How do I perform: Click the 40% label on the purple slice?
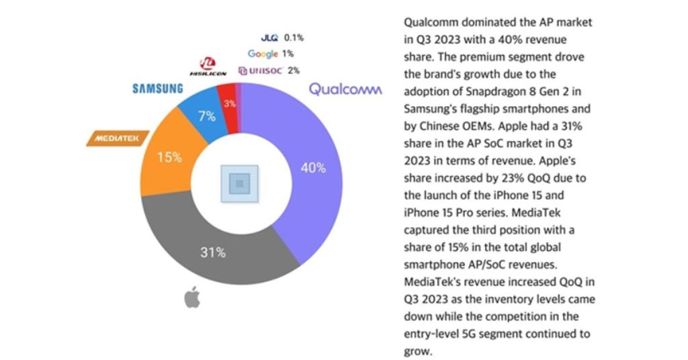pyautogui.click(x=313, y=168)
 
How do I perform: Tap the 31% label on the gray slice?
pyautogui.click(x=214, y=253)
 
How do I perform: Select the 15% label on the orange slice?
pyautogui.click(x=169, y=158)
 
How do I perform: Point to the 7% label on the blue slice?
pyautogui.click(x=207, y=116)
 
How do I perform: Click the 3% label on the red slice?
pyautogui.click(x=230, y=103)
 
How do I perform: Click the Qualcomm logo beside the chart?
pyautogui.click(x=345, y=89)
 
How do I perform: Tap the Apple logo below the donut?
pyautogui.click(x=193, y=298)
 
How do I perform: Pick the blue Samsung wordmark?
pyautogui.click(x=157, y=89)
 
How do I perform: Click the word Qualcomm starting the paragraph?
pyautogui.click(x=423, y=23)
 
